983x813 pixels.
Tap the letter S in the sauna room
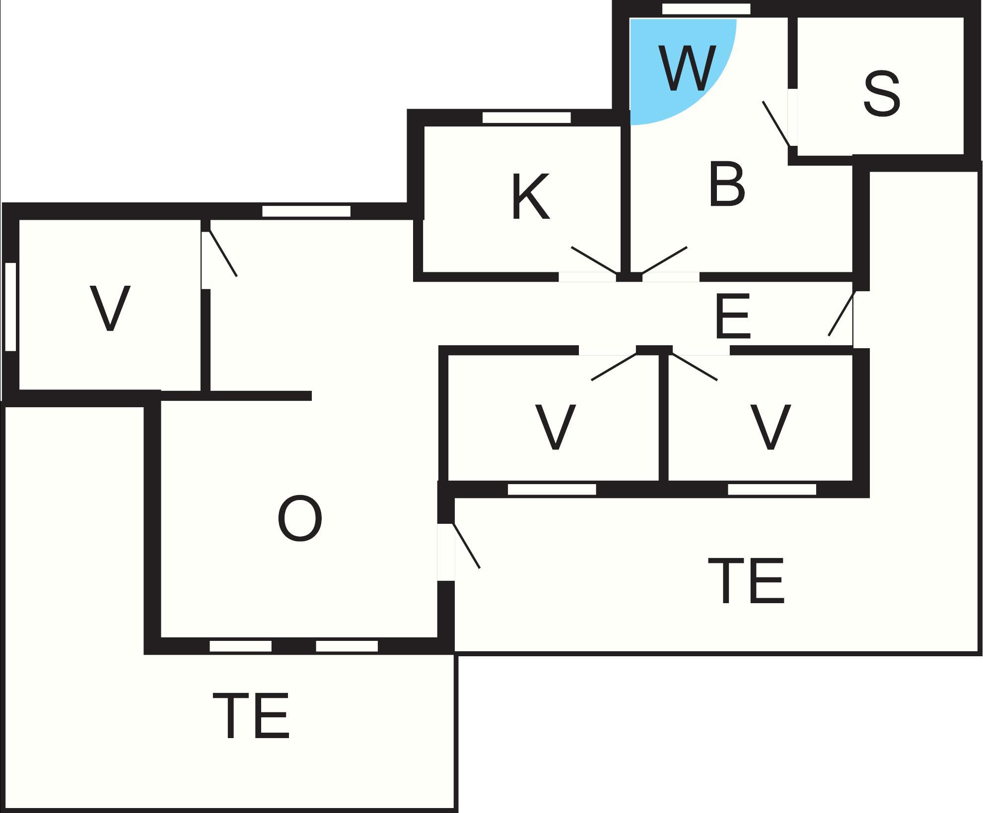click(881, 94)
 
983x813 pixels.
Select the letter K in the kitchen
click(530, 196)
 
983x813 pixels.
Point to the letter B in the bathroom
click(727, 184)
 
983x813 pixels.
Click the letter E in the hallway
click(733, 316)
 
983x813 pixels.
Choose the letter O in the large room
click(299, 519)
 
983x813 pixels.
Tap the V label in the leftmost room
click(110, 308)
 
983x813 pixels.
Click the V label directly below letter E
click(770, 427)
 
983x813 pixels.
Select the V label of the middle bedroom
click(555, 427)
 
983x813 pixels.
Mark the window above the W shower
click(706, 9)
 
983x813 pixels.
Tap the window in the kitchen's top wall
click(526, 118)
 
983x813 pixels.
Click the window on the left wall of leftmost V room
click(10, 307)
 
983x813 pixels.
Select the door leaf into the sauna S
click(776, 124)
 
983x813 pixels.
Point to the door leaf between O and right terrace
click(466, 546)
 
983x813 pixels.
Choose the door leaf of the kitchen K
click(594, 260)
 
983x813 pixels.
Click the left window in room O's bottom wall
click(240, 646)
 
